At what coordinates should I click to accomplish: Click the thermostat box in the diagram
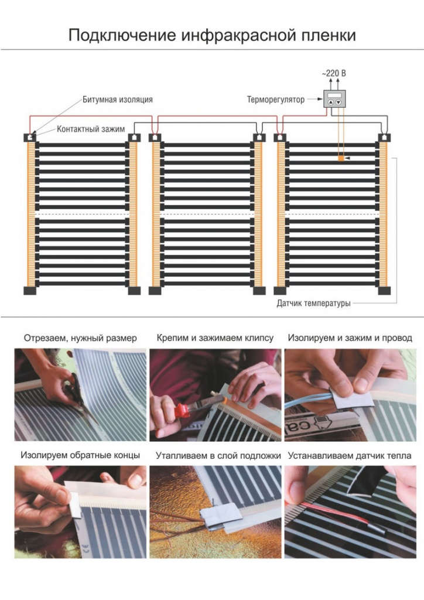pyautogui.click(x=334, y=99)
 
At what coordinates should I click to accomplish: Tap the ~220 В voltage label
pyautogui.click(x=334, y=73)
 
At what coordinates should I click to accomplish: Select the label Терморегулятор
pyautogui.click(x=276, y=100)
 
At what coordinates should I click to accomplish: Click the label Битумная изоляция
pyautogui.click(x=118, y=100)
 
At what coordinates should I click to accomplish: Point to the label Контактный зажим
pyautogui.click(x=91, y=129)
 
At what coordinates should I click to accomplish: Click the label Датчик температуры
pyautogui.click(x=313, y=304)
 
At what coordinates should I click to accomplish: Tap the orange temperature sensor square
pyautogui.click(x=341, y=158)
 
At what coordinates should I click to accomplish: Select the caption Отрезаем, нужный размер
pyautogui.click(x=80, y=338)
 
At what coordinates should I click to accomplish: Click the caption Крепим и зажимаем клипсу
pyautogui.click(x=216, y=338)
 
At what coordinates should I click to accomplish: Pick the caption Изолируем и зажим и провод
pyautogui.click(x=350, y=338)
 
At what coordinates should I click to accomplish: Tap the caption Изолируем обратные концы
pyautogui.click(x=80, y=455)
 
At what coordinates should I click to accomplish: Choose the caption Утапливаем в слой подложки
pyautogui.click(x=218, y=456)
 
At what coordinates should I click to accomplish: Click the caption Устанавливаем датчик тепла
pyautogui.click(x=350, y=456)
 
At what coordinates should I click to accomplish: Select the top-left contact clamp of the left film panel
pyautogui.click(x=30, y=137)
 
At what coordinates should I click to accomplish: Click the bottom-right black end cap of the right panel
pyautogui.click(x=384, y=291)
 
